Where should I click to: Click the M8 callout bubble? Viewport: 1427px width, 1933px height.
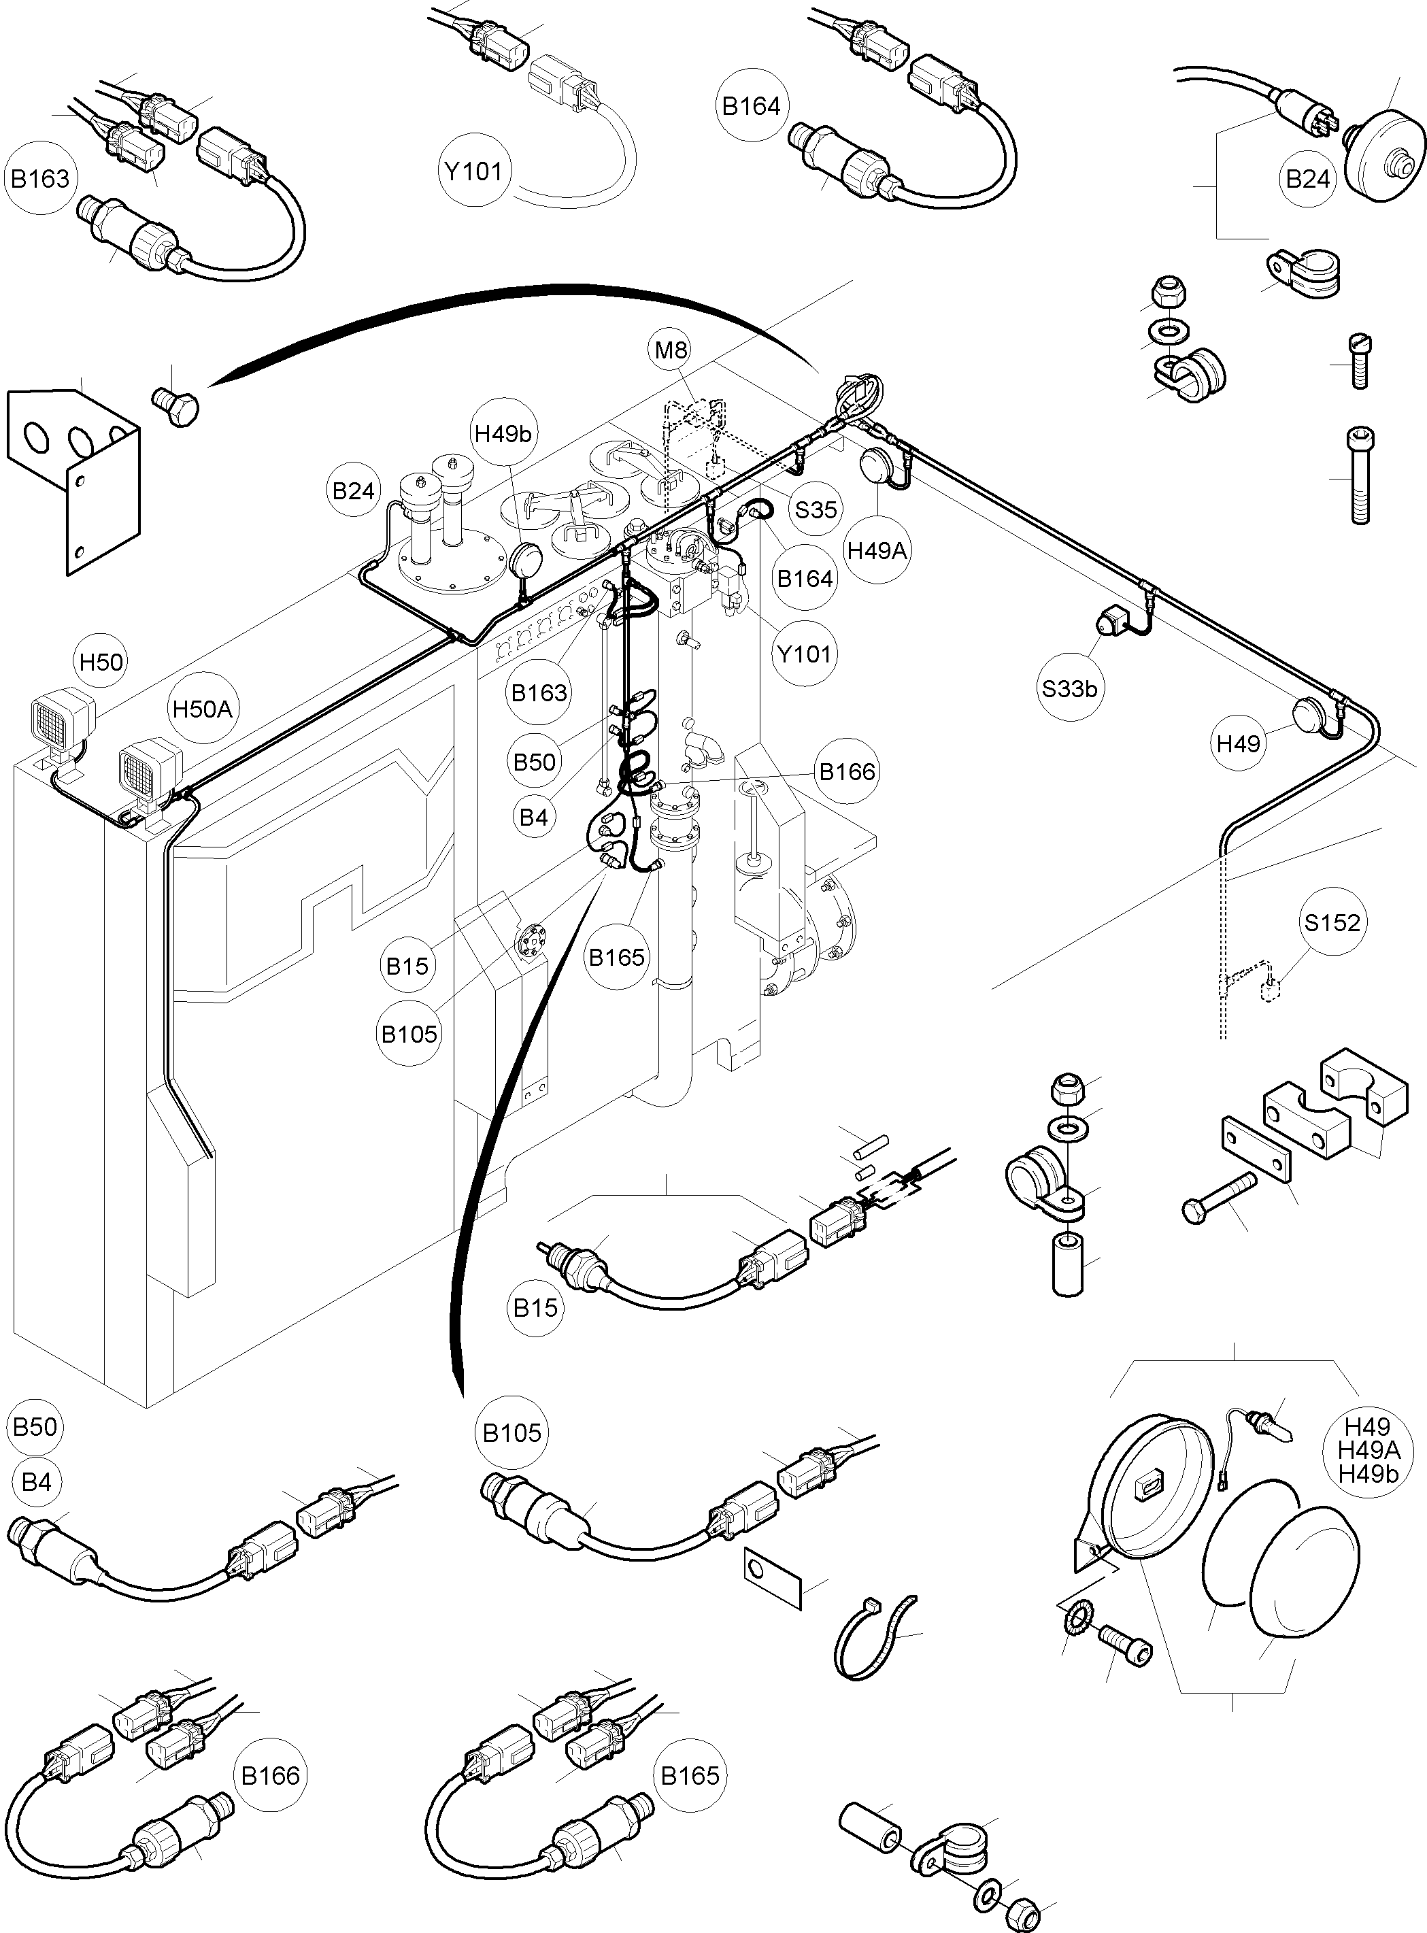671,350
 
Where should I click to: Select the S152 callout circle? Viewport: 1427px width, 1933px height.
1332,922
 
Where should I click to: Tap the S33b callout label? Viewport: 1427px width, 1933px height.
1069,688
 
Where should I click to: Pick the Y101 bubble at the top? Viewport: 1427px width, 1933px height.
473,171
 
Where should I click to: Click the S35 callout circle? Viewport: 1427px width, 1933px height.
816,509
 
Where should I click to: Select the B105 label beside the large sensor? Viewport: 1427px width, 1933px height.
511,1433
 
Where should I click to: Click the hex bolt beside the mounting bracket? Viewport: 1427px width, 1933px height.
177,409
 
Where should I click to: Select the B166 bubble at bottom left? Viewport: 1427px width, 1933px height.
271,1776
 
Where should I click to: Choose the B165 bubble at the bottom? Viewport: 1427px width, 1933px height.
689,1776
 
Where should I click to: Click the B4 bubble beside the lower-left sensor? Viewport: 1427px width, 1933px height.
36,1482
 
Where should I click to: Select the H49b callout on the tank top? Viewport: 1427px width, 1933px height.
503,433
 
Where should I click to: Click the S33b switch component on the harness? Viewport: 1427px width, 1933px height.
1111,620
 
